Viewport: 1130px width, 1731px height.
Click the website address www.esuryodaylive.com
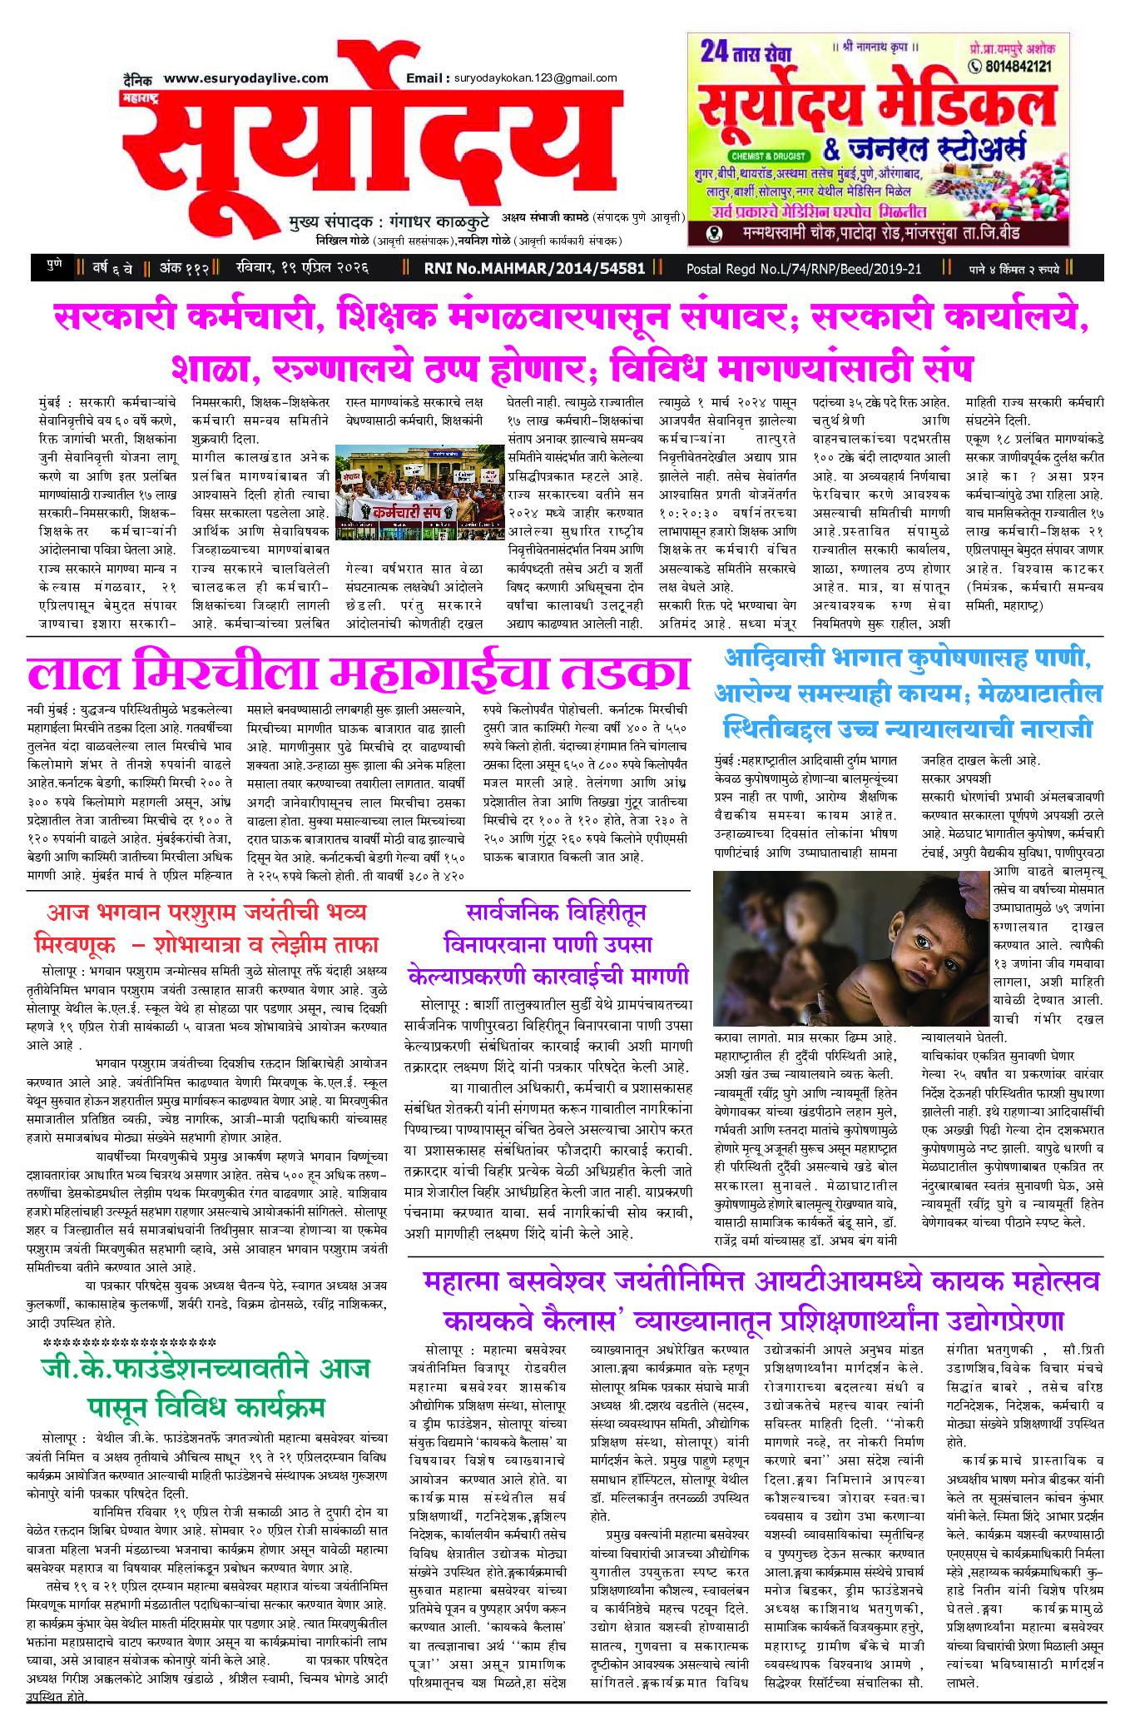click(245, 78)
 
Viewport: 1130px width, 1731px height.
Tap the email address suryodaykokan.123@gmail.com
click(535, 78)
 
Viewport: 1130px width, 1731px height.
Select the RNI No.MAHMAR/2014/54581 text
click(534, 268)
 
